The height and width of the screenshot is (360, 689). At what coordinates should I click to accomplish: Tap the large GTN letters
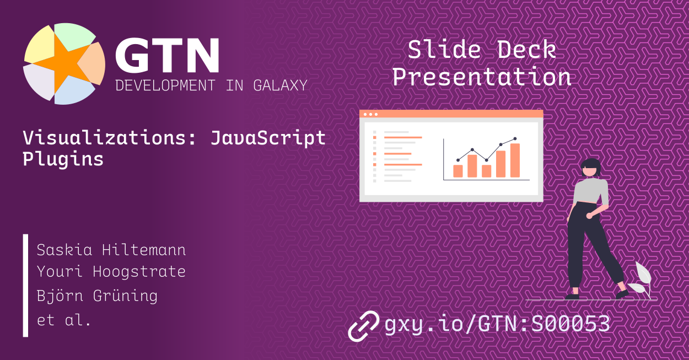coord(166,56)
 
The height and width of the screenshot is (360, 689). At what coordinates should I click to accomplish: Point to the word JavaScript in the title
coord(268,137)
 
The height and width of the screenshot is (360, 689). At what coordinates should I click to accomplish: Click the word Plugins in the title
coord(63,159)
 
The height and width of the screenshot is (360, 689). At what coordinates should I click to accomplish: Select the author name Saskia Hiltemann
coord(111,250)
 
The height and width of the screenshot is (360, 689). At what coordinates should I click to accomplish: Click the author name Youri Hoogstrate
coord(111,272)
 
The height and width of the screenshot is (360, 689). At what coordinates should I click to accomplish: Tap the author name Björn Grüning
coord(97,295)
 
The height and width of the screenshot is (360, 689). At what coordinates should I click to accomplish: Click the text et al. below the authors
coord(63,320)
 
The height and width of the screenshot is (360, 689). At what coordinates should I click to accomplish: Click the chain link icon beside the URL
coord(363,325)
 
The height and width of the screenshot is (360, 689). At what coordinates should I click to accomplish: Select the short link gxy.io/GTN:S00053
coord(497,324)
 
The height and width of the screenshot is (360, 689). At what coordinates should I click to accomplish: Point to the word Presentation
coord(481,77)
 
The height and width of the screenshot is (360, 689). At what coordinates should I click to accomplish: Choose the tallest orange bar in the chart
coord(515,160)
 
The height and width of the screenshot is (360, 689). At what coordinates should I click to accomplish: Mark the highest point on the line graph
coord(515,139)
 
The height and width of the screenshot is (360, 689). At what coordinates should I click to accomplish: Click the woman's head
coord(590,166)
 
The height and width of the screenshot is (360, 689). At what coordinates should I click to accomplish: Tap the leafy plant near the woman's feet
coord(640,281)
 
